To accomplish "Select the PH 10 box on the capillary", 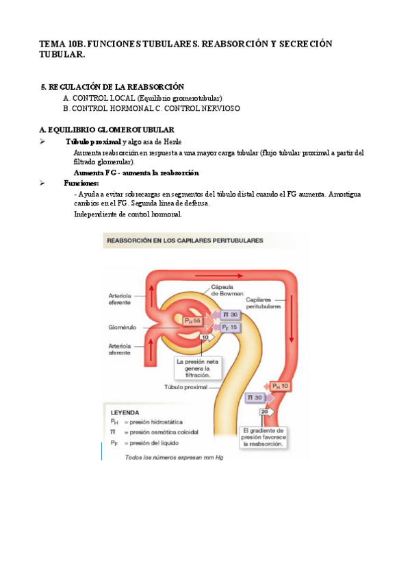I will point(281,386).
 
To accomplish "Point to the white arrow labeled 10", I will point(206,338).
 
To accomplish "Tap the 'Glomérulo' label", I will point(123,327).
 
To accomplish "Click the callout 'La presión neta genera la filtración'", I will point(198,368).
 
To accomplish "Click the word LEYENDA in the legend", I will point(125,412).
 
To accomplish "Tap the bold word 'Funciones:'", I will point(81,184).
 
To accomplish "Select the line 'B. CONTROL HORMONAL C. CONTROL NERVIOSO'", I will point(151,108).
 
